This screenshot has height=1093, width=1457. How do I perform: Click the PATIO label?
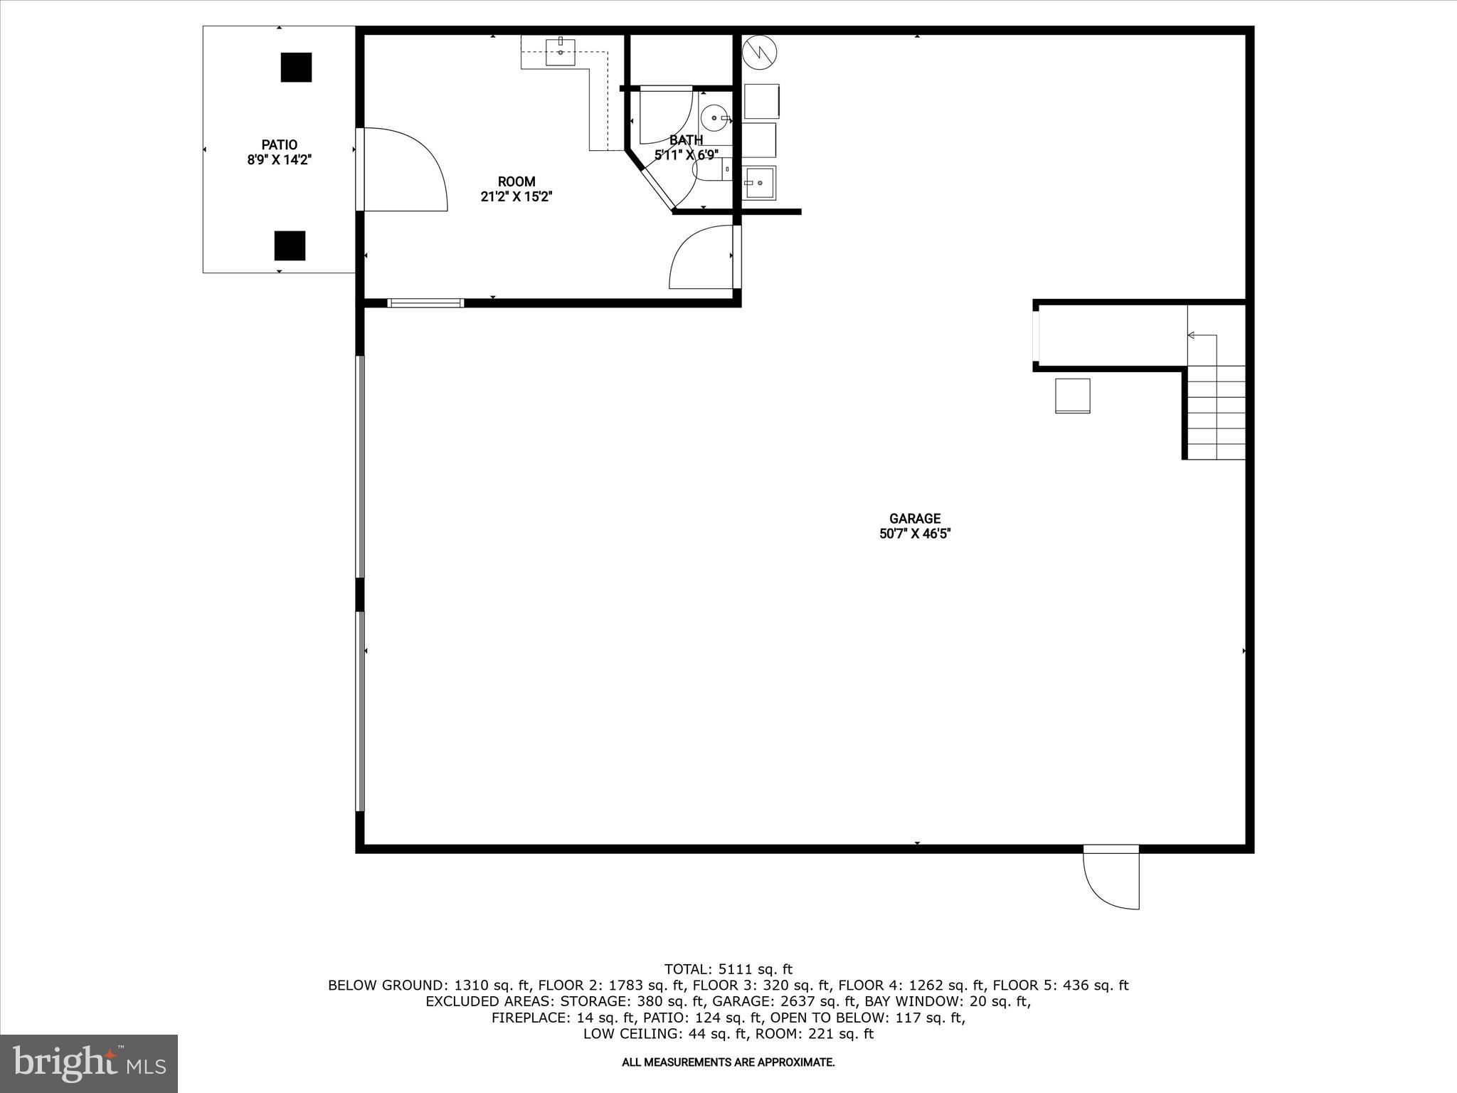pyautogui.click(x=279, y=145)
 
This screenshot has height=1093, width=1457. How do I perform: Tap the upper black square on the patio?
pyautogui.click(x=296, y=68)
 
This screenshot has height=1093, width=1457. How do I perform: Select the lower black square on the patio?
pyautogui.click(x=290, y=245)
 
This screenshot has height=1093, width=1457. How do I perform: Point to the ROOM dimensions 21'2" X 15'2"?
pyautogui.click(x=516, y=197)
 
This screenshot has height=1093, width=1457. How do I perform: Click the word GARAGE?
pyautogui.click(x=915, y=519)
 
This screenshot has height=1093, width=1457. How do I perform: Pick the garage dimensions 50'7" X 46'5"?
pyautogui.click(x=915, y=534)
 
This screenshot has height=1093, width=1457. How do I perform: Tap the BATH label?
pyautogui.click(x=686, y=140)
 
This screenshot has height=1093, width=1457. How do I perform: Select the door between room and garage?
pyautogui.click(x=703, y=258)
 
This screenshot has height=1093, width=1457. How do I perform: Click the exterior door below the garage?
pyautogui.click(x=1111, y=880)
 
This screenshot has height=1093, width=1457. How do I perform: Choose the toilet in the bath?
pyautogui.click(x=707, y=170)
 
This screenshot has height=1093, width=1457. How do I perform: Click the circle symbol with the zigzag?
pyautogui.click(x=759, y=52)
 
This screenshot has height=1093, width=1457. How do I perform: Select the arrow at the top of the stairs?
pyautogui.click(x=1202, y=335)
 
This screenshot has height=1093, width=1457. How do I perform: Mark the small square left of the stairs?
pyautogui.click(x=1072, y=396)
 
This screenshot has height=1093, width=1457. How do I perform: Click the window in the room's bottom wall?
pyautogui.click(x=425, y=303)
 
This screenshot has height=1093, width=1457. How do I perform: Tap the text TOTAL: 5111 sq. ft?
pyautogui.click(x=728, y=968)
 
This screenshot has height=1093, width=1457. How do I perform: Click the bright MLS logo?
pyautogui.click(x=89, y=1063)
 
